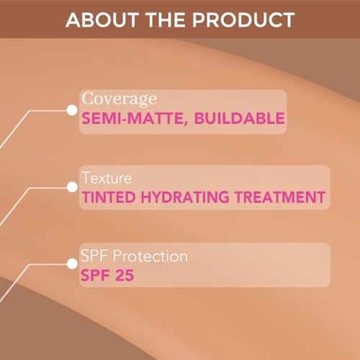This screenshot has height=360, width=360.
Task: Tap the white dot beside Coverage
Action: coord(71,109)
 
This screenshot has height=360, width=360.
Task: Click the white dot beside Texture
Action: coord(71,186)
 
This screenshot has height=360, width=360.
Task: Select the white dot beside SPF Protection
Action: coord(71,264)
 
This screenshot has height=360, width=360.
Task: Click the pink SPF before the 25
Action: coord(97,274)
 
